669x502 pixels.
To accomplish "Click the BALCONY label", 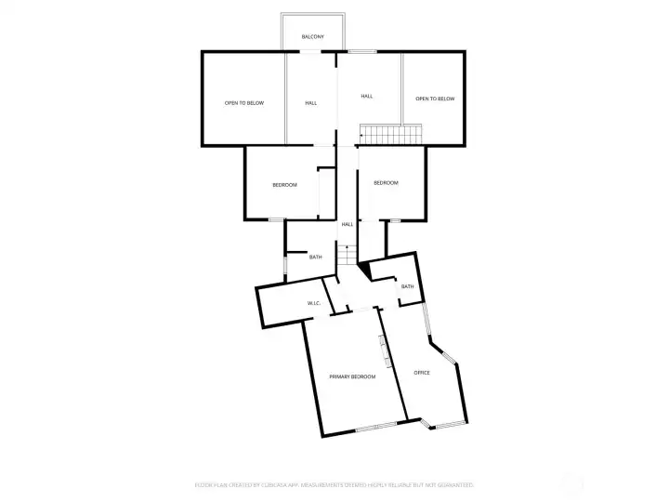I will click(312, 36).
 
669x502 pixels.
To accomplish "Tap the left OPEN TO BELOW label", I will click(243, 102).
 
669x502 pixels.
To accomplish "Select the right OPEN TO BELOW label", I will click(434, 98).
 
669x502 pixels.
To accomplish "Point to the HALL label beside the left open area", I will click(310, 102).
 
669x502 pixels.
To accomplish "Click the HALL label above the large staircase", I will click(367, 96).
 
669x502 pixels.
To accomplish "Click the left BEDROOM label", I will click(284, 185).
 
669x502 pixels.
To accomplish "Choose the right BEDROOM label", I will click(386, 183).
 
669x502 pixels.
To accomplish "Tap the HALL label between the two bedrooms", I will click(347, 224).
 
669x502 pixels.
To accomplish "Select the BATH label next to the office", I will click(407, 286).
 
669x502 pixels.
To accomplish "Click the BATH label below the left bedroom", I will click(316, 257).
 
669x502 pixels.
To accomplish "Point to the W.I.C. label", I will click(314, 304).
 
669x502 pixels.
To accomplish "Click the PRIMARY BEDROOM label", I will click(352, 376).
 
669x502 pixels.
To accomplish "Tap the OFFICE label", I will click(422, 372).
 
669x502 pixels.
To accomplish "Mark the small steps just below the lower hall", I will click(347, 255).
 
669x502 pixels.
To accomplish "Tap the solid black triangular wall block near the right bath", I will click(363, 270).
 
